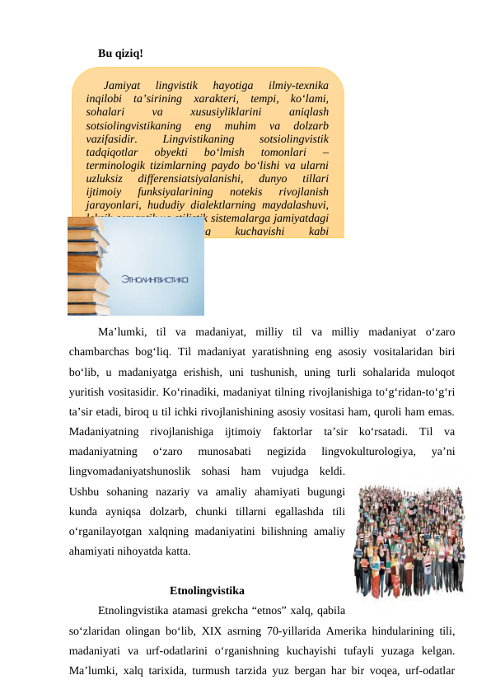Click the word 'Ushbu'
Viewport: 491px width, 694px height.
point(86,491)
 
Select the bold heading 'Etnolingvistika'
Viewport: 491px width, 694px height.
point(207,591)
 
